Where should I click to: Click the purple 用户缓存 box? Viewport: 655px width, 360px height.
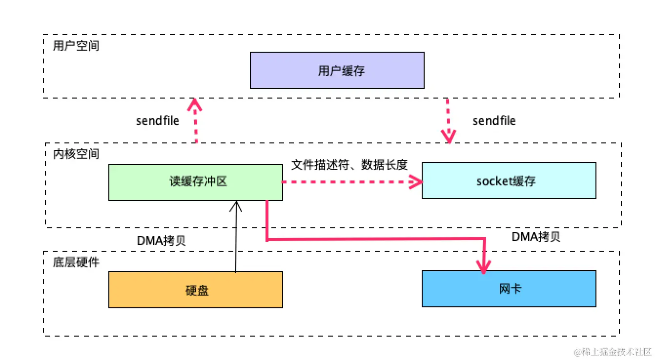click(x=337, y=71)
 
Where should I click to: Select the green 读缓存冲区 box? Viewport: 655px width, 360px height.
click(x=195, y=182)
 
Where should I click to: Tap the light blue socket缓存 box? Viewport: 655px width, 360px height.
click(x=509, y=181)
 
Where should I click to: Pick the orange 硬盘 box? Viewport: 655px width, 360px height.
click(x=195, y=290)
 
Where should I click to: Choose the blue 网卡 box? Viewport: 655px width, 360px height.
click(x=509, y=289)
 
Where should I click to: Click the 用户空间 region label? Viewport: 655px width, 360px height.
click(x=76, y=46)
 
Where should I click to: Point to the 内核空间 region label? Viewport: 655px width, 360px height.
click(x=76, y=154)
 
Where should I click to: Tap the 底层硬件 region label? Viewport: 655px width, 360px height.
click(x=76, y=262)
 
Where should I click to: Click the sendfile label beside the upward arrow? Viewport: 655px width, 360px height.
click(x=157, y=120)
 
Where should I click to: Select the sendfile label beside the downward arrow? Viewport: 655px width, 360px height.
click(x=494, y=120)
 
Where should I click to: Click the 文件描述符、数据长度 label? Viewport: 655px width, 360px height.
click(x=349, y=165)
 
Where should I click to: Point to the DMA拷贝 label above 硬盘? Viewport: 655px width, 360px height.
click(x=162, y=241)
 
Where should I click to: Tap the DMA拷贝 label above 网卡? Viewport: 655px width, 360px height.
click(x=536, y=237)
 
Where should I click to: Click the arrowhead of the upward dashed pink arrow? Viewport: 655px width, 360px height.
click(x=196, y=104)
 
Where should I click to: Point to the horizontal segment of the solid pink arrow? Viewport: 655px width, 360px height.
click(x=376, y=240)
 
